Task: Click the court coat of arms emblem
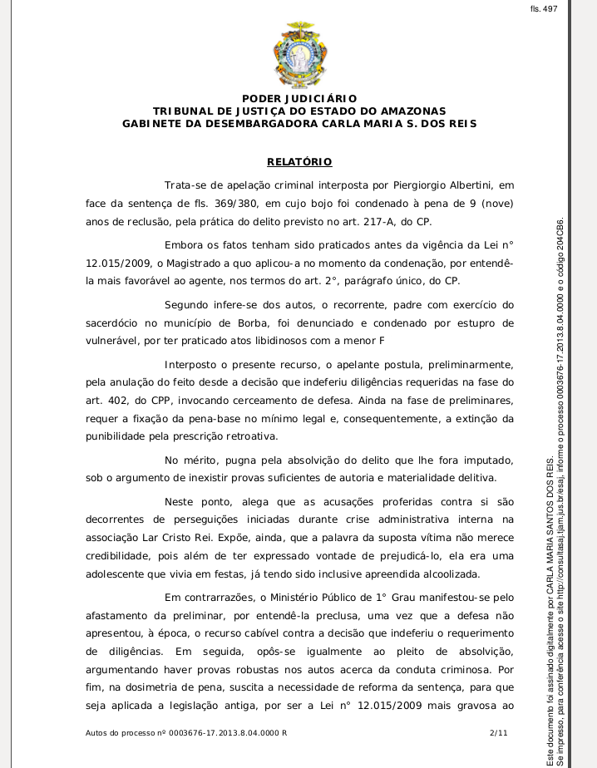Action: [x=299, y=55]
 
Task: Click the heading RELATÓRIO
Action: [x=299, y=161]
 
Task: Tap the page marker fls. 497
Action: [x=544, y=8]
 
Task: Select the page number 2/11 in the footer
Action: [x=499, y=732]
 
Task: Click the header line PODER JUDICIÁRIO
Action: [x=299, y=99]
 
